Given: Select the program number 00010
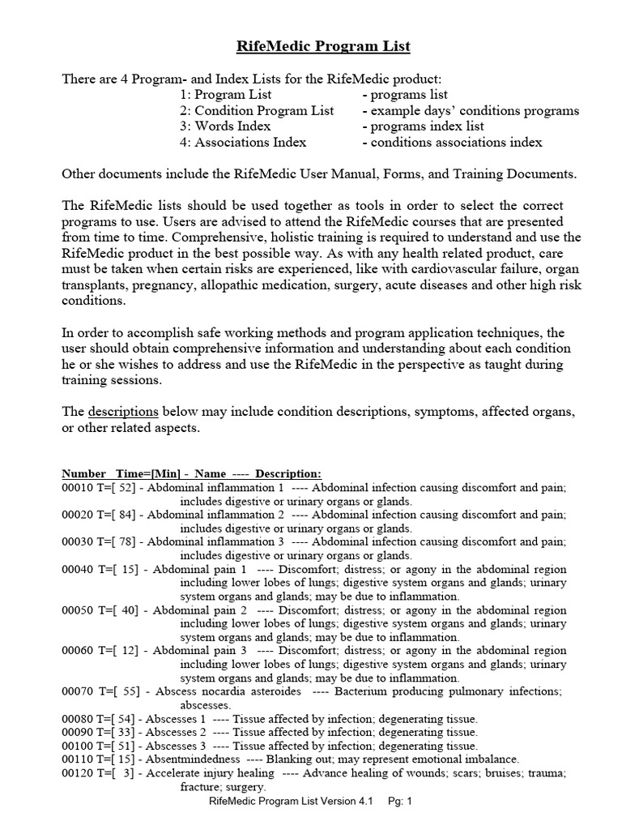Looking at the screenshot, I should click(x=79, y=489).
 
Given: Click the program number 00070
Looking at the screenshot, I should click(x=79, y=691).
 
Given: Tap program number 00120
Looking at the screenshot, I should click(x=79, y=773).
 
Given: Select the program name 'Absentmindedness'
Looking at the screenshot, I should click(x=193, y=759).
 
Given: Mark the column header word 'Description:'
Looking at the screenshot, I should click(x=288, y=473).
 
